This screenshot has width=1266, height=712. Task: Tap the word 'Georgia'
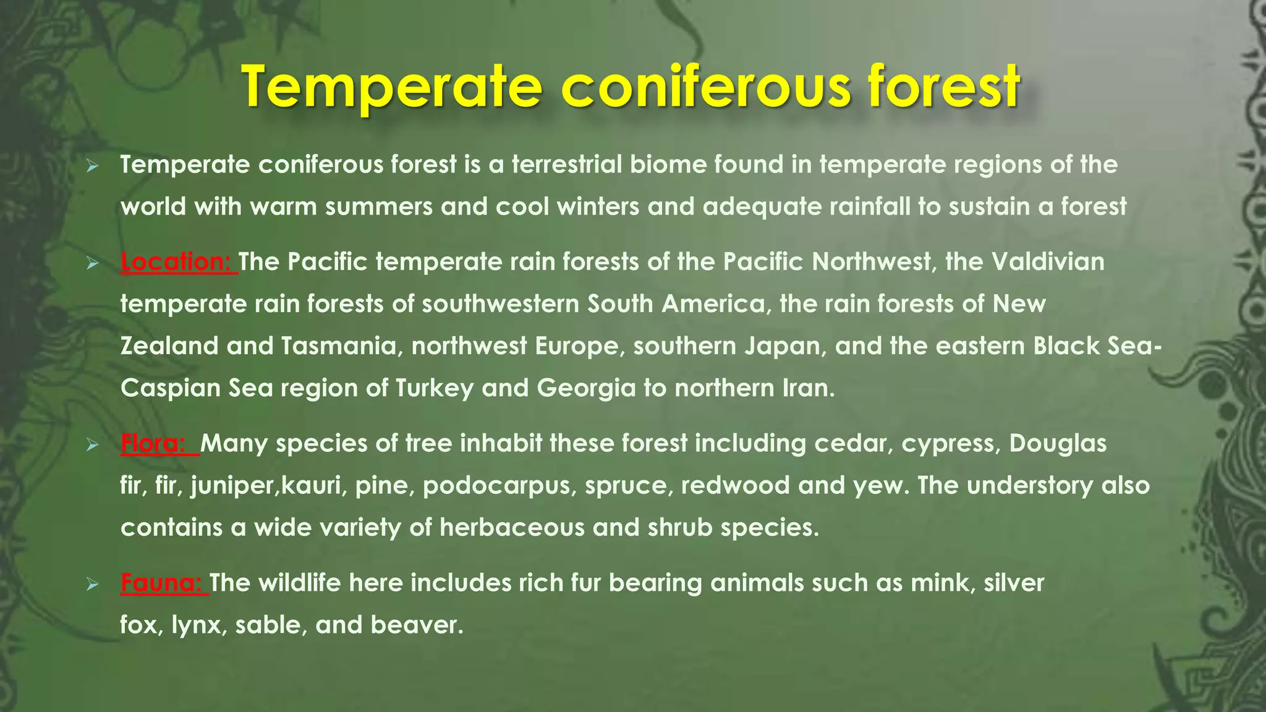click(586, 388)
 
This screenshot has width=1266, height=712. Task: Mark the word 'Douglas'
click(1058, 444)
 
